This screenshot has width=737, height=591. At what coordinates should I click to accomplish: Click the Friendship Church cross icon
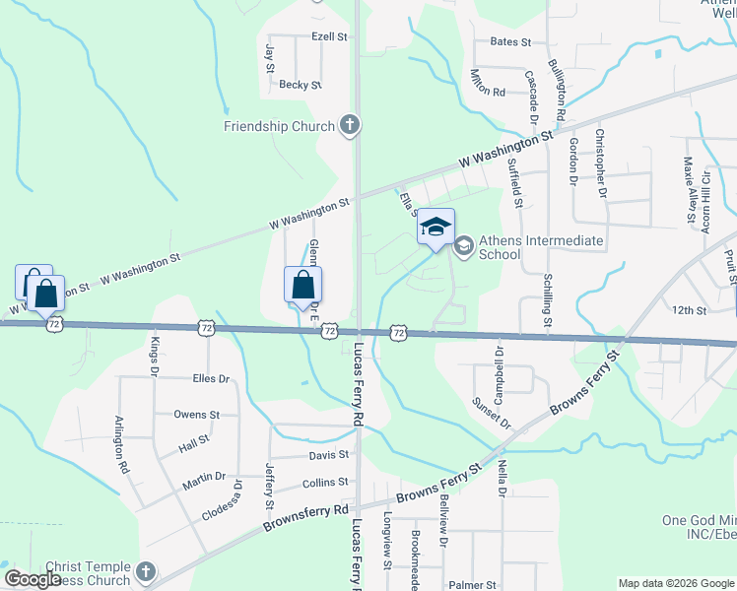[x=349, y=125]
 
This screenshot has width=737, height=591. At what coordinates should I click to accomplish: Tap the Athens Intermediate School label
[x=527, y=247]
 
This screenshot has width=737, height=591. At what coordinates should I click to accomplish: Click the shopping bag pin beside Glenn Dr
[x=303, y=286]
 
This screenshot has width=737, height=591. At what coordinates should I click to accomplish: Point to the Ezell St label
[x=329, y=36]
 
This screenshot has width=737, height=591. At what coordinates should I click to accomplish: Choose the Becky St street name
[x=301, y=86]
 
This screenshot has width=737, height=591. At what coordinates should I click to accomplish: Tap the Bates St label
[x=510, y=42]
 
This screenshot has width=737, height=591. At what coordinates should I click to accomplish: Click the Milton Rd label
[x=487, y=85]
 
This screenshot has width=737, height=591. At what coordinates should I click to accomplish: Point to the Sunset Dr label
[x=492, y=412]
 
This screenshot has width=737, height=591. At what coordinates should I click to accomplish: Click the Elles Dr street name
[x=211, y=378]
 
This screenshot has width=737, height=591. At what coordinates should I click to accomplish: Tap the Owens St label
[x=197, y=415]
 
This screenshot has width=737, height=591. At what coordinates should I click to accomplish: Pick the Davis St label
[x=329, y=455]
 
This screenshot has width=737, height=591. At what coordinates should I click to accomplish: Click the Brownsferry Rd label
[x=305, y=518]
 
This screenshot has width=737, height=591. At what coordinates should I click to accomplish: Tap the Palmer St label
[x=472, y=585]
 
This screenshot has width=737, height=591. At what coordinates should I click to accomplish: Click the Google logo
[x=33, y=579]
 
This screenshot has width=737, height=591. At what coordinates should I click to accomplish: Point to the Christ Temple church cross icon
[x=145, y=571]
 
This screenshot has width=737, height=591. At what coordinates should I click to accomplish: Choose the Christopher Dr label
[x=599, y=163]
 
